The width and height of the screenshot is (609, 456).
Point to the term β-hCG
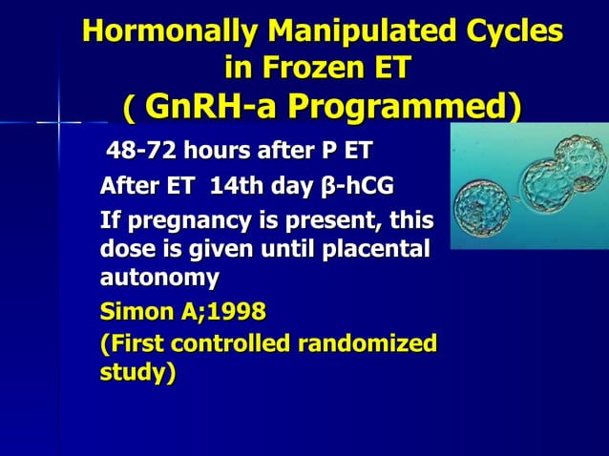[357, 184]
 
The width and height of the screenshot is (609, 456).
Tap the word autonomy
[159, 278]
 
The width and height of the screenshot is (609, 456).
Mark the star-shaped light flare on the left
[58, 121]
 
